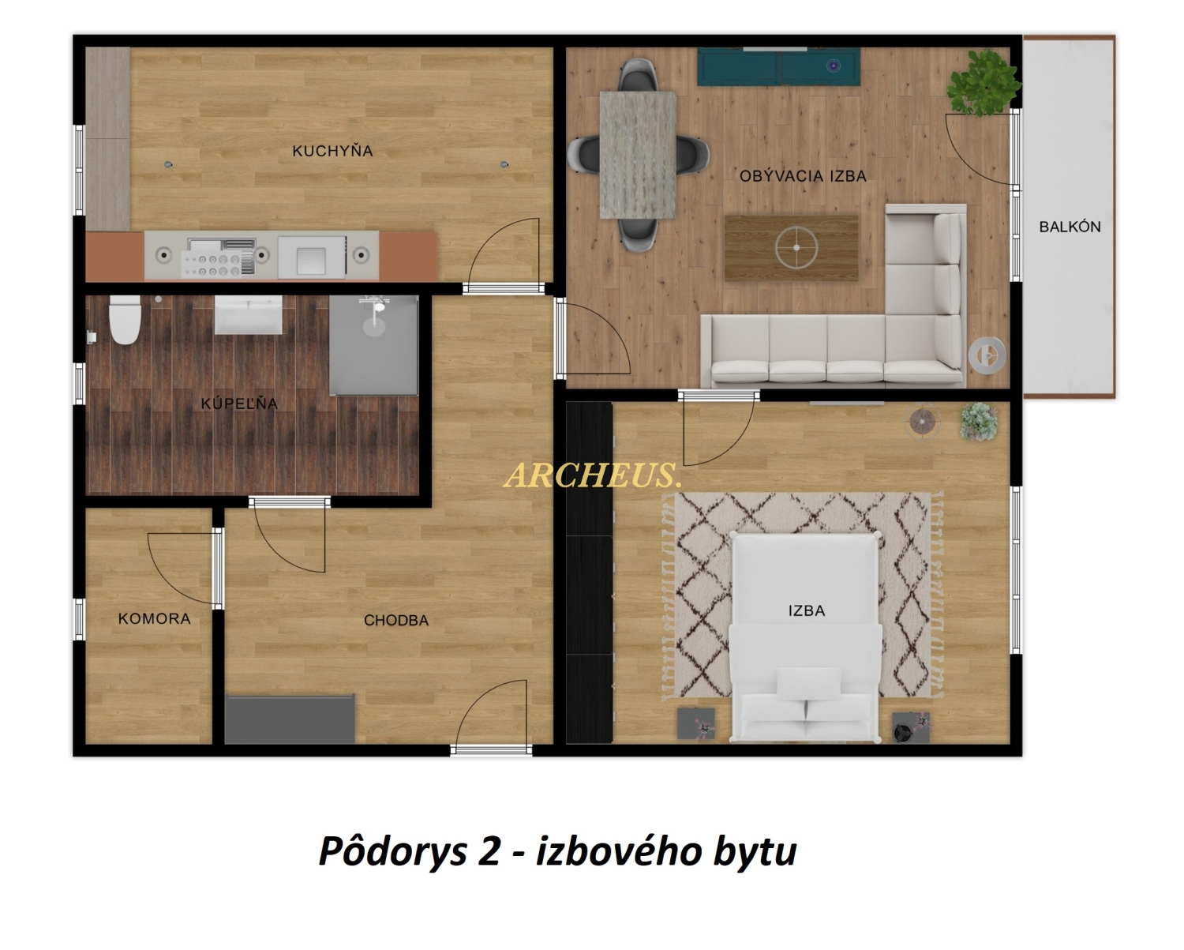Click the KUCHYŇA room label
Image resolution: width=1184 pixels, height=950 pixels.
point(332,150)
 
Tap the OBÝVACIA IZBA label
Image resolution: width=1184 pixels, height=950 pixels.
point(803,175)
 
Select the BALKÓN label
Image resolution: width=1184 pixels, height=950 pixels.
point(1070,227)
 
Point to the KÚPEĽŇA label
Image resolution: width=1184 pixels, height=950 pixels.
point(239,404)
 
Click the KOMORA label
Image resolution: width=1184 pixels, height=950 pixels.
point(155,618)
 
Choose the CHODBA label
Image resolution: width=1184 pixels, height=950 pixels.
point(396,621)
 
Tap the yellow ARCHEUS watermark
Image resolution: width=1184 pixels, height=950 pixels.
point(593,475)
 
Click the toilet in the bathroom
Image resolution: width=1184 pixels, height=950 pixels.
point(125,321)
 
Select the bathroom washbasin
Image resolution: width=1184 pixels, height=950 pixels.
point(248,315)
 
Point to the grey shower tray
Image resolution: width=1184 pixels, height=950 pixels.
point(374,345)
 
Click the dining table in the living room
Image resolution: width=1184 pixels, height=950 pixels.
point(638,155)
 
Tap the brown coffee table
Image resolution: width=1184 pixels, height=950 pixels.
point(792,248)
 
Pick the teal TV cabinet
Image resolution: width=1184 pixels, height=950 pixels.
point(778,66)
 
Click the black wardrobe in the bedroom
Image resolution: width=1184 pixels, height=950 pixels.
point(590,573)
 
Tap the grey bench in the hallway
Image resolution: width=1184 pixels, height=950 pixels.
point(290,719)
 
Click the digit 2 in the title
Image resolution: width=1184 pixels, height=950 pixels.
point(489,851)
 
